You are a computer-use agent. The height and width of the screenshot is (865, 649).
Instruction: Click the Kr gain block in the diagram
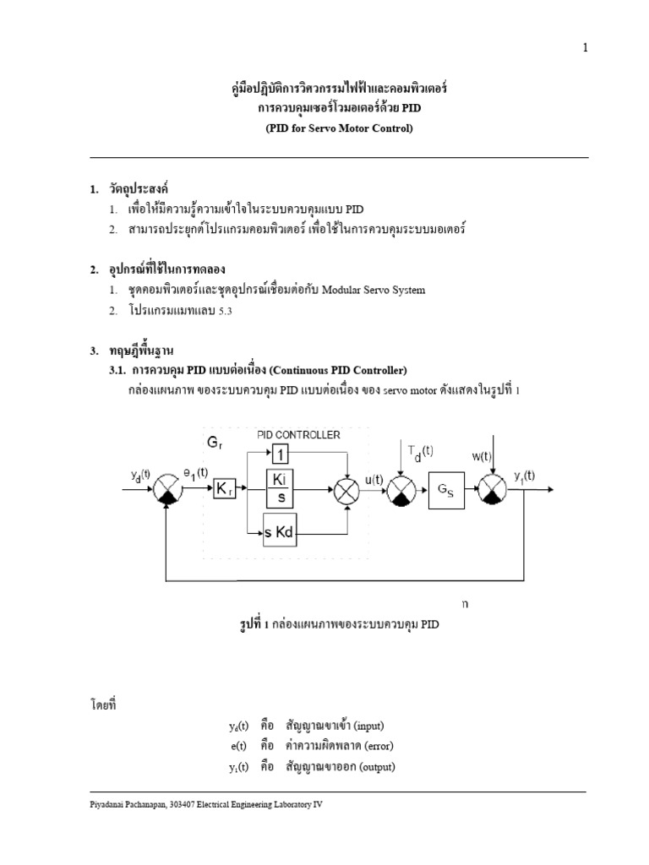click(x=224, y=489)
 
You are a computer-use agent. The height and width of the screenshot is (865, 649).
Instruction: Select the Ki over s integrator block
click(x=282, y=488)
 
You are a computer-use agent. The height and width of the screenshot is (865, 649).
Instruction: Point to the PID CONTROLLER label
click(x=298, y=434)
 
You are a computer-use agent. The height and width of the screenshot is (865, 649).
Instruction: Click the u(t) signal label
click(x=374, y=479)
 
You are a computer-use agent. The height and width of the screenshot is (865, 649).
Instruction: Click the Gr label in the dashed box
click(x=216, y=443)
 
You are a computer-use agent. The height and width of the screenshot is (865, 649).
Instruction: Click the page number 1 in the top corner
click(x=584, y=48)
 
